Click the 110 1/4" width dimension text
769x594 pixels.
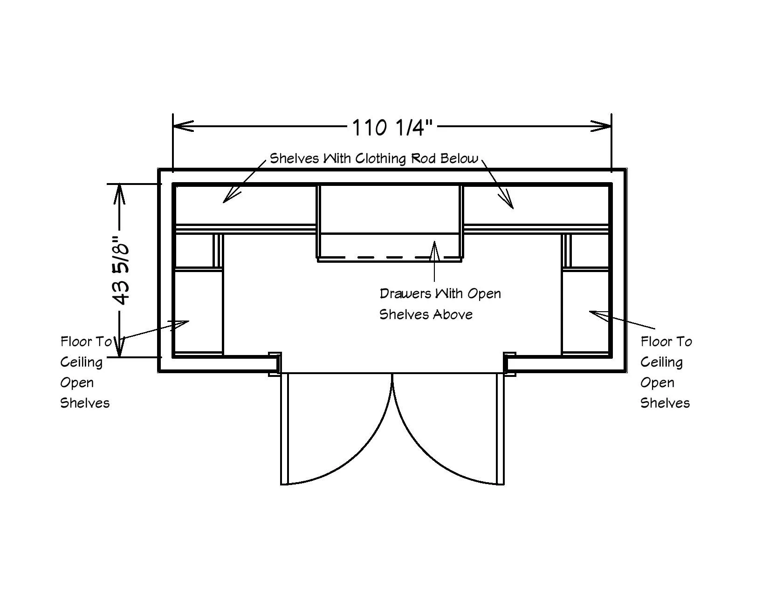[x=392, y=127]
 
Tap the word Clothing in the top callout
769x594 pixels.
[x=381, y=159]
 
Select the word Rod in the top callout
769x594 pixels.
[x=423, y=158]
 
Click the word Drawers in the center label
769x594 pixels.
[x=405, y=294]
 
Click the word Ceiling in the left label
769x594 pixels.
[x=82, y=362]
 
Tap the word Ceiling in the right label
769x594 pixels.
[x=661, y=362]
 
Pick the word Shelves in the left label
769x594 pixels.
[x=85, y=403]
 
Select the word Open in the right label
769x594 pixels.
[x=657, y=383]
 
